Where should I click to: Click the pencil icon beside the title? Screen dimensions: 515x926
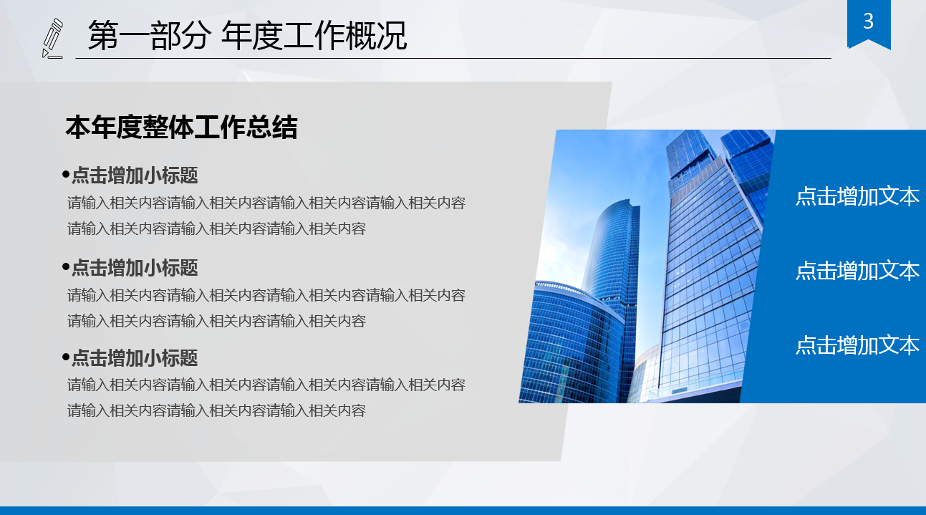[x=52, y=38]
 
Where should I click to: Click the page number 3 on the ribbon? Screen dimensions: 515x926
[x=869, y=21]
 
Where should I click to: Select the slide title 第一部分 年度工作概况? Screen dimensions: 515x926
[x=247, y=36]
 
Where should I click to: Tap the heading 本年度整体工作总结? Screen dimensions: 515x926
[x=181, y=127]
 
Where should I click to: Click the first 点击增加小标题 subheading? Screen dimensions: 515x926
[x=135, y=175]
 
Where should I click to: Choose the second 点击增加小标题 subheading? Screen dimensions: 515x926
[x=135, y=268]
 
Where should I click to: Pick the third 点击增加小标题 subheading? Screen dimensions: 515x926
[x=135, y=357]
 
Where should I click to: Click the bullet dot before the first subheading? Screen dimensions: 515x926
[x=66, y=174]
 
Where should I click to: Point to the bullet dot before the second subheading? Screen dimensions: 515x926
[x=66, y=267]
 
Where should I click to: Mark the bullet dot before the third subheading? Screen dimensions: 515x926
[x=66, y=357]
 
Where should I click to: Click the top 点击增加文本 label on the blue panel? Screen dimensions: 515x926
[x=857, y=196]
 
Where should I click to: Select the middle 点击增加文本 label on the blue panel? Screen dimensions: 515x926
[x=857, y=271]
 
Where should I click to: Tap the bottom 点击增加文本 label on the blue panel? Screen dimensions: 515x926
[x=857, y=345]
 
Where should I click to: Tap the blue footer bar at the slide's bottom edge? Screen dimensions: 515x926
[x=463, y=510]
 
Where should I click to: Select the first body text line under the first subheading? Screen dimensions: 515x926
[x=266, y=203]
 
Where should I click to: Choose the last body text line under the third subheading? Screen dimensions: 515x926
[x=216, y=410]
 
